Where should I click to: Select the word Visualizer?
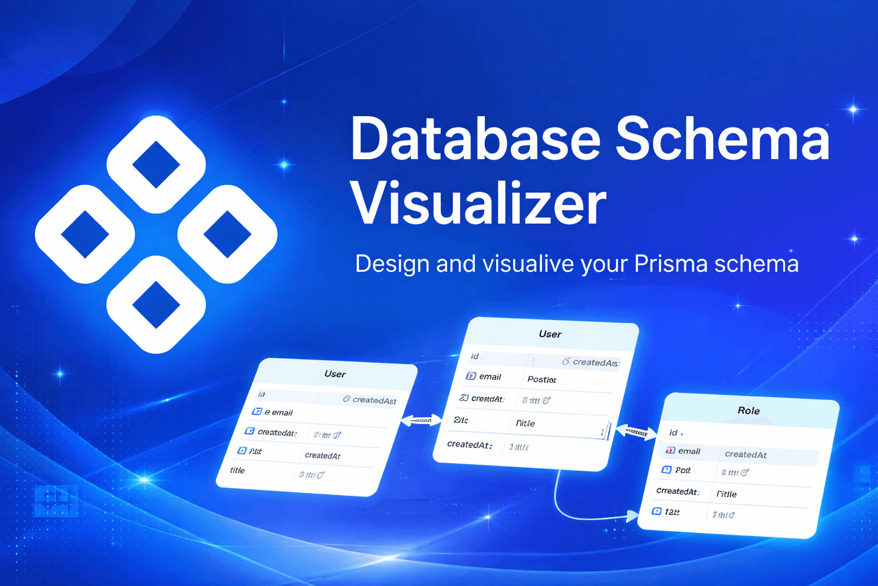click(478, 204)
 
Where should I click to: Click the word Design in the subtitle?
click(392, 264)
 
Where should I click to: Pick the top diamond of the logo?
click(156, 164)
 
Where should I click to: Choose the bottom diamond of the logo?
click(156, 304)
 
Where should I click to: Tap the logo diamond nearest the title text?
click(228, 234)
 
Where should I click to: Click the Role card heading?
click(748, 411)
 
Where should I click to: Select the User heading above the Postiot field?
click(550, 334)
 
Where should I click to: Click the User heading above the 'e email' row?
click(335, 374)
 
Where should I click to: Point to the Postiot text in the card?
click(541, 379)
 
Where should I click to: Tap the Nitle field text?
click(525, 423)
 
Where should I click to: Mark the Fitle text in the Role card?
click(727, 494)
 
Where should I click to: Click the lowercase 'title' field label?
click(237, 470)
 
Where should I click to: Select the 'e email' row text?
click(278, 413)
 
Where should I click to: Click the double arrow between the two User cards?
click(422, 421)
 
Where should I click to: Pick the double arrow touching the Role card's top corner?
click(636, 432)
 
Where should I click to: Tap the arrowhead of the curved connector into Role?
click(632, 516)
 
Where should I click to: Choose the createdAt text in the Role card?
click(745, 454)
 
